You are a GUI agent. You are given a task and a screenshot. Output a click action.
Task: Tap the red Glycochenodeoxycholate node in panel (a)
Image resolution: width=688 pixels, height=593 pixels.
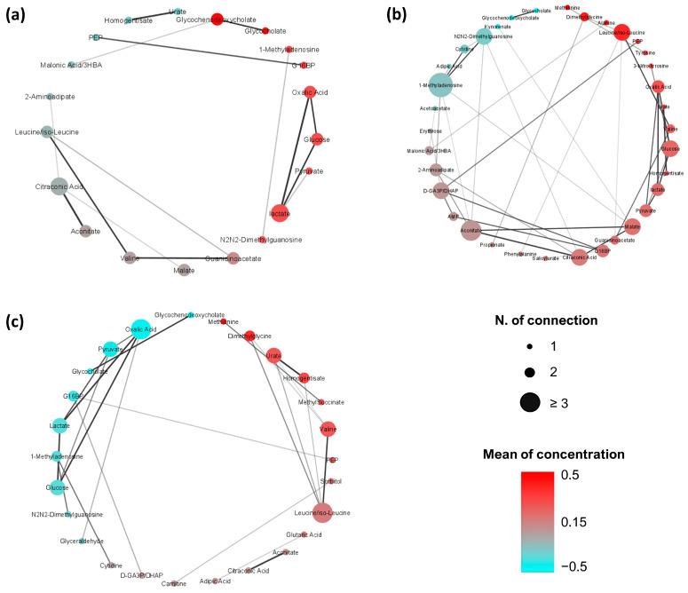click(216, 20)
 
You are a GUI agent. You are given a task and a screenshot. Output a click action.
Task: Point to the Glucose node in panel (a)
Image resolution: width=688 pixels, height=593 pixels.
click(317, 138)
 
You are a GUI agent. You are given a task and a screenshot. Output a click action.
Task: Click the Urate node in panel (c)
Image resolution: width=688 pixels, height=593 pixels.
click(274, 356)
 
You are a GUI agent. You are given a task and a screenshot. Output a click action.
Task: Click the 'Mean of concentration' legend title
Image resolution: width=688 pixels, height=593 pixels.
click(573, 455)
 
